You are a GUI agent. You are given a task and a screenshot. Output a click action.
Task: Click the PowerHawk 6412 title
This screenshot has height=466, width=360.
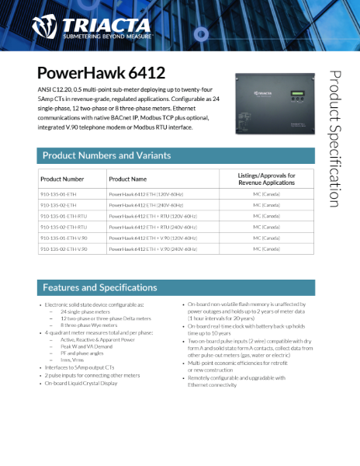coord(101,74)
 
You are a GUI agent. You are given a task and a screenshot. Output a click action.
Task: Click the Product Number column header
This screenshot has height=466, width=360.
coord(62,179)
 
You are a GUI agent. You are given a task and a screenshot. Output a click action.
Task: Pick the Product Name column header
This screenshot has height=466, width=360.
coord(127,179)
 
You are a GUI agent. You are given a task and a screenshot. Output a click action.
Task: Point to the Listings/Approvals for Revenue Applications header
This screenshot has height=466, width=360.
coord(266,179)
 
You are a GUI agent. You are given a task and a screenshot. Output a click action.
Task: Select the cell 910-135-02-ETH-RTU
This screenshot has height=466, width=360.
coord(65,227)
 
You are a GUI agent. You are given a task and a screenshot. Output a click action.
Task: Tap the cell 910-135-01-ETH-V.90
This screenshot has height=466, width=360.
coord(65,238)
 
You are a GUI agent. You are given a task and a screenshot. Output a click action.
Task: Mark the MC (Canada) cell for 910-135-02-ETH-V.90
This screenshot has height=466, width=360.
coord(266,249)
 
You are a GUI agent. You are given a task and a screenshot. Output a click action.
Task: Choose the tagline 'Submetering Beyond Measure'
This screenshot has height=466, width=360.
coord(104,36)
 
